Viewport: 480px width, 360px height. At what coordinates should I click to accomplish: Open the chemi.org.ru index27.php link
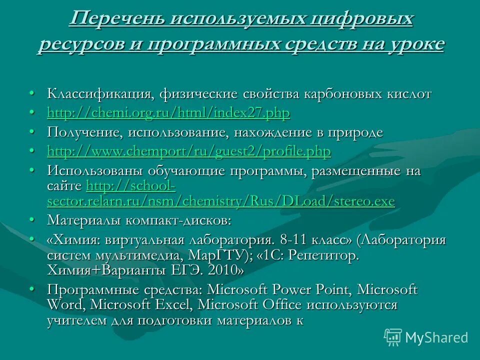pyautogui.click(x=168, y=113)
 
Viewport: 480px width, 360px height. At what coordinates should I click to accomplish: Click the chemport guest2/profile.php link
pyautogui.click(x=189, y=151)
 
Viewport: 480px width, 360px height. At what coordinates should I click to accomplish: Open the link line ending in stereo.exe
pyautogui.click(x=220, y=201)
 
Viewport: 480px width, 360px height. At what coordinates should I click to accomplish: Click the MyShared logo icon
pyautogui.click(x=393, y=337)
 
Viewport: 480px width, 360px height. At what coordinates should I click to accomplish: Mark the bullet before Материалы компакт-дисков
pyautogui.click(x=31, y=220)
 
